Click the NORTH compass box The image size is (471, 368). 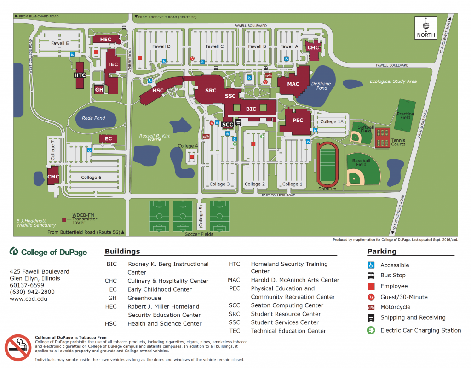point(426,28)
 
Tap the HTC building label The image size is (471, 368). point(80,75)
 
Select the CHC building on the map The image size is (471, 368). point(313,48)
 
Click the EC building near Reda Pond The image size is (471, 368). point(109,138)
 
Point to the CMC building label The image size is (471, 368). point(53,177)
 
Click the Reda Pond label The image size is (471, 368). point(93,118)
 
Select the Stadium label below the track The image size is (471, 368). point(327,189)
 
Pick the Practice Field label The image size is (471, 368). point(405,116)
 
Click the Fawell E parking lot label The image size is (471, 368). point(60,44)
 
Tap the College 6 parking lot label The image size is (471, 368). point(91,178)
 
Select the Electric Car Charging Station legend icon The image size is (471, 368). point(371,330)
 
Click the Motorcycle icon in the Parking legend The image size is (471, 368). point(371,307)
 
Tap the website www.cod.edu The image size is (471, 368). point(29,299)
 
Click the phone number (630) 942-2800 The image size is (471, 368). point(32,292)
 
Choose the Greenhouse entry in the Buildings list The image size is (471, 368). point(144,298)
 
